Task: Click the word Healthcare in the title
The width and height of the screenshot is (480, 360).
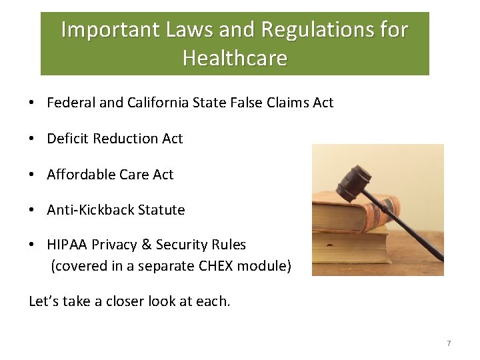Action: pos(235,59)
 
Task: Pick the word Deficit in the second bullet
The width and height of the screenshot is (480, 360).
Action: pos(68,139)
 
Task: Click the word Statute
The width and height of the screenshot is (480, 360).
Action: pos(161,210)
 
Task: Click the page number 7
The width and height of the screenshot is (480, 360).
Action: pos(449,343)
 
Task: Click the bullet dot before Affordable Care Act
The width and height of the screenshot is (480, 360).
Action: pos(32,175)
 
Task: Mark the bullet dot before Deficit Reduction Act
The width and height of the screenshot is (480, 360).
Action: pos(32,139)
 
